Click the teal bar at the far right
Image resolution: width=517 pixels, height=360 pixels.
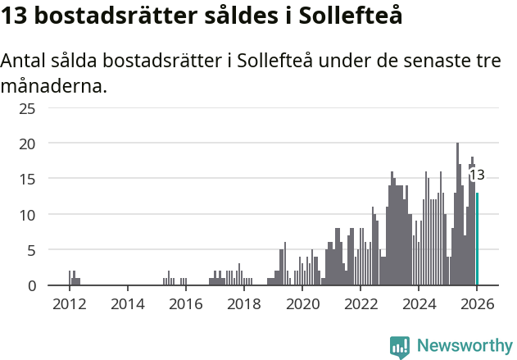477,239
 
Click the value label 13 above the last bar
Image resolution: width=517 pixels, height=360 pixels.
476,175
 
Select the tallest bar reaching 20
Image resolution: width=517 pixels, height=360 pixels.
457,214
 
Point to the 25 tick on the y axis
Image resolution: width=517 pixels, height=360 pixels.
27,107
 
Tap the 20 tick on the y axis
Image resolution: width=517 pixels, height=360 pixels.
27,144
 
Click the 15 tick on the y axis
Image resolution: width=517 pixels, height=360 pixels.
27,179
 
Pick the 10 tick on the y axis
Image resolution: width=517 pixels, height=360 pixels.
27,215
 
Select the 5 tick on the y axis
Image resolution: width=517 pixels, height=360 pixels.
31,250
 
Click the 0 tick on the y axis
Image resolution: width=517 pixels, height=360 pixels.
31,285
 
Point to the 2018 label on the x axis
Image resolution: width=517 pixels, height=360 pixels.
243,305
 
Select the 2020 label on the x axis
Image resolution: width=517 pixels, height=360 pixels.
302,305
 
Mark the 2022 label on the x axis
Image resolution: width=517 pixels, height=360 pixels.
360,305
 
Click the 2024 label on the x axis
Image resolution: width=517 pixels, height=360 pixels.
418,305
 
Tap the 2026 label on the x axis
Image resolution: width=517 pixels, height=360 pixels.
476,305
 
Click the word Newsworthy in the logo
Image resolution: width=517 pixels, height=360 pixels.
464,345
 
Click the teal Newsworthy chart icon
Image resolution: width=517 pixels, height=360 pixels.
400,346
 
